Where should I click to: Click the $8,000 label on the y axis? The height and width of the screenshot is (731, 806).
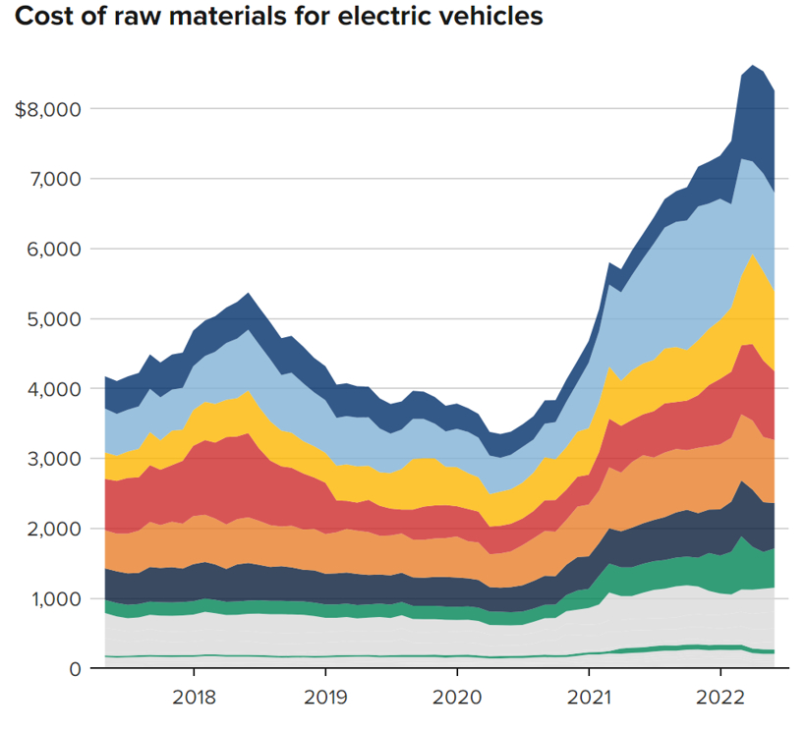[x=46, y=109]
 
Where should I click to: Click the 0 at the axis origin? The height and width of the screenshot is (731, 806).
[x=73, y=669]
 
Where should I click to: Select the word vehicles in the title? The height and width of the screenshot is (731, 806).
[x=495, y=18]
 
